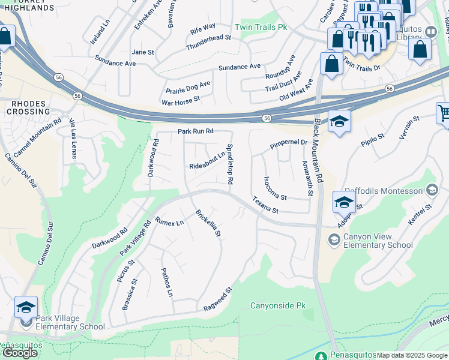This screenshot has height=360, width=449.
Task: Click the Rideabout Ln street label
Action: point(207,160)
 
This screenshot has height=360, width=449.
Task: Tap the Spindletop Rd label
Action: point(229,164)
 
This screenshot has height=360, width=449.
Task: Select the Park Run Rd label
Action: point(196,131)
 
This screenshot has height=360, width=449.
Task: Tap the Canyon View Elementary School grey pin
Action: point(334,240)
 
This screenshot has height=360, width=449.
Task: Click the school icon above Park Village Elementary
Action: point(26,307)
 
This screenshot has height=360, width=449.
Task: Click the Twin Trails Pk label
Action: point(261,28)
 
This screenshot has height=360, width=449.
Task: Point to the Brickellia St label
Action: point(209,223)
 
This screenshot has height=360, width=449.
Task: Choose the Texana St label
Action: point(265,205)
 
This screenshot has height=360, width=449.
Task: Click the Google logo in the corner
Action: point(20,353)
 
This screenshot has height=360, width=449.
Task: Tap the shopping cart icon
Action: point(444,113)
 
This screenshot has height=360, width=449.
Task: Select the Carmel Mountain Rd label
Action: point(37,137)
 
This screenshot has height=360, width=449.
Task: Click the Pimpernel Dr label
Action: point(288,144)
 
